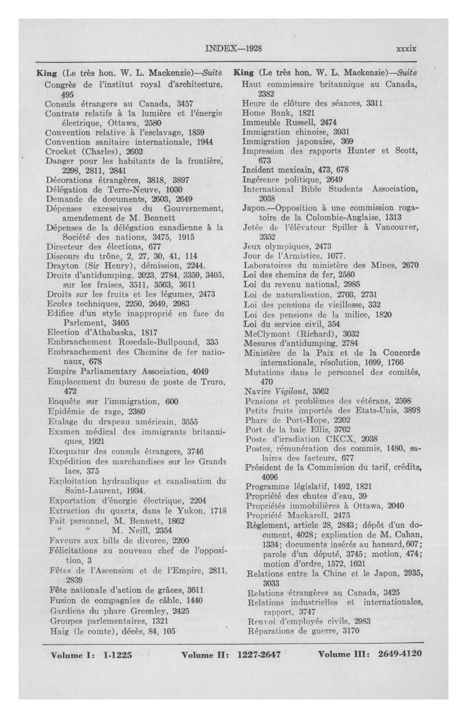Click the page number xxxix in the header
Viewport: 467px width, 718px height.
click(406, 49)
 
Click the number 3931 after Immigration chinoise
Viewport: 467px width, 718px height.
click(341, 132)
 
